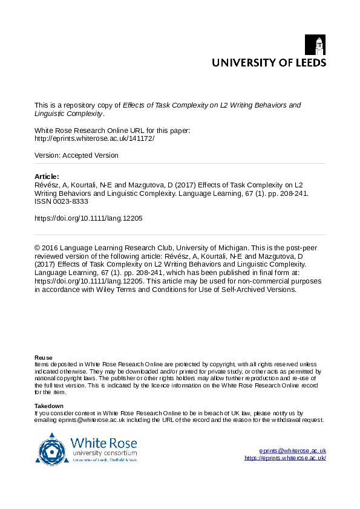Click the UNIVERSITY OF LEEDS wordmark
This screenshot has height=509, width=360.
(269, 62)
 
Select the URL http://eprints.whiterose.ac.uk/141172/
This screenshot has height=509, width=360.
(94, 138)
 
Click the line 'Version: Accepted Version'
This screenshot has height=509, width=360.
(76, 155)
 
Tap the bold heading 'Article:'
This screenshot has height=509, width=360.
(47, 177)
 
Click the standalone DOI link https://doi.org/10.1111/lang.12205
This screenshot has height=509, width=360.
(88, 218)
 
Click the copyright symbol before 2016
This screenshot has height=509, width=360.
(38, 248)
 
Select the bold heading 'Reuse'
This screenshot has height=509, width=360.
(44, 358)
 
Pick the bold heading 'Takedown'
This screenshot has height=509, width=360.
(49, 406)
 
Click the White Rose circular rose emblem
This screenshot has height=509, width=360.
(52, 448)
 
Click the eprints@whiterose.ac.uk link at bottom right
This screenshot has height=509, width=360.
(292, 451)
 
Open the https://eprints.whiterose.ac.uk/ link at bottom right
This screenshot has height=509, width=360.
(285, 458)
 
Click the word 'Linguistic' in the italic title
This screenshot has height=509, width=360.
(51, 113)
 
